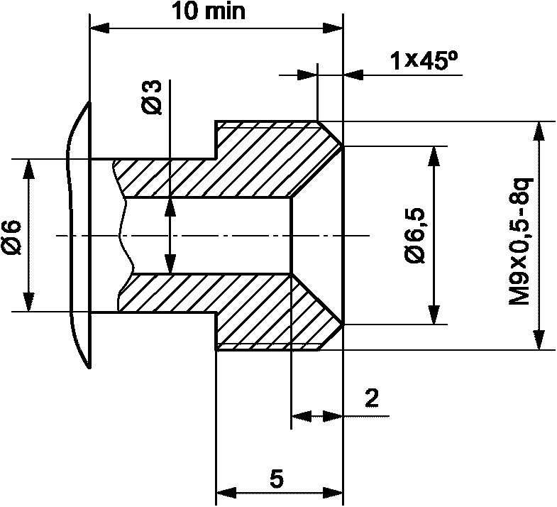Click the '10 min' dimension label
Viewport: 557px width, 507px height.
click(x=209, y=11)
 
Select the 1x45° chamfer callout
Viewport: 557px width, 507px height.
click(x=423, y=61)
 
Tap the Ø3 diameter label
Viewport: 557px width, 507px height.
click(x=153, y=97)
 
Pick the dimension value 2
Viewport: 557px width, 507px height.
click(x=372, y=398)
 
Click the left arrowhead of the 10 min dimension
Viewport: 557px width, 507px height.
click(x=100, y=28)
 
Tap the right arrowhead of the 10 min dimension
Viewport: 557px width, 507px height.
click(x=333, y=28)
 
